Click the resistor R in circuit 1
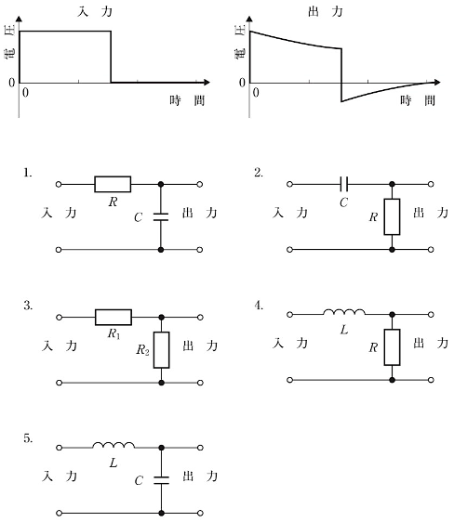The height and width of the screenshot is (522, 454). pos(113,184)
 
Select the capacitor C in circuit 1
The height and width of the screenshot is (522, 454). pos(161,217)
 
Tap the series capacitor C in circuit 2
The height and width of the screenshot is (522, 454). pos(344,184)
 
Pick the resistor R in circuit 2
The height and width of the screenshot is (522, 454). pos(392,216)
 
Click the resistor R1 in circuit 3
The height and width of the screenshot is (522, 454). pos(113,318)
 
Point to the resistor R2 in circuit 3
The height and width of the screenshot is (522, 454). pos(161,350)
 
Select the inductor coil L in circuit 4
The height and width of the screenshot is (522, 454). pos(344,312)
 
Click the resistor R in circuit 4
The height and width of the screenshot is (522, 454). pos(392,347)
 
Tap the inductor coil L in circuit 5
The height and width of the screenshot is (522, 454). pos(113,446)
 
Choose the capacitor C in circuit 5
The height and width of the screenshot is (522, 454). pos(161,480)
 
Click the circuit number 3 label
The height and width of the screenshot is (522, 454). pos(28,306)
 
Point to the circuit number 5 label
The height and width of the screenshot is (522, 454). pos(28,438)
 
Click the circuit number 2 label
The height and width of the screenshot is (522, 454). pos(259,173)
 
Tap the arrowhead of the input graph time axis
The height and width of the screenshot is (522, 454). pos(207,82)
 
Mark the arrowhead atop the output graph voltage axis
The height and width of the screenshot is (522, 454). pos(249,19)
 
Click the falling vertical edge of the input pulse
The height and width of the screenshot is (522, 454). pos(111,57)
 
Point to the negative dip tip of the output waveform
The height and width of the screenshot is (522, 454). pos(341,101)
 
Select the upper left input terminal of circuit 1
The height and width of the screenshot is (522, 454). pos(59,184)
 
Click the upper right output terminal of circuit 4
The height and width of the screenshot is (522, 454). pos(431,314)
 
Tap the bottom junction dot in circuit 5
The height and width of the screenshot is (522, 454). pos(161,513)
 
